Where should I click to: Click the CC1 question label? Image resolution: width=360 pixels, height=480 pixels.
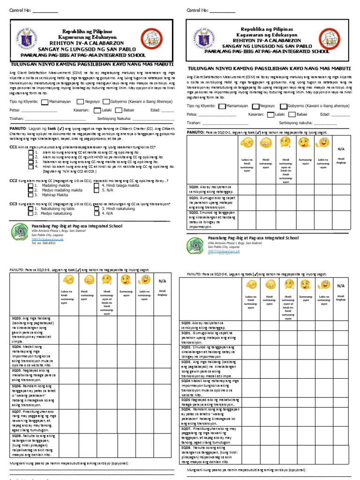(x=14, y=147)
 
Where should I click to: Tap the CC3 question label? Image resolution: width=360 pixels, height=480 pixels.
(x=14, y=204)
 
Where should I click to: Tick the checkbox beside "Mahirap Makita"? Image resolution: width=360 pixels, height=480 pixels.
(x=30, y=195)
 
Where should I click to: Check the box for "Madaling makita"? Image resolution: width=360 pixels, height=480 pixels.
(x=30, y=186)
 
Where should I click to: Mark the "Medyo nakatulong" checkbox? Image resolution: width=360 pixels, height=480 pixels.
(x=30, y=213)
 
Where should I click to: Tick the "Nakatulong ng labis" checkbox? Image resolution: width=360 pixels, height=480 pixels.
(x=30, y=209)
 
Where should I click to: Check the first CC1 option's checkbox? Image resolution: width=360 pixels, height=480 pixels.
(x=30, y=152)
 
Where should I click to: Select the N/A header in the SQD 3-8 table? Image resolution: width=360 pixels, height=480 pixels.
(x=162, y=281)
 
